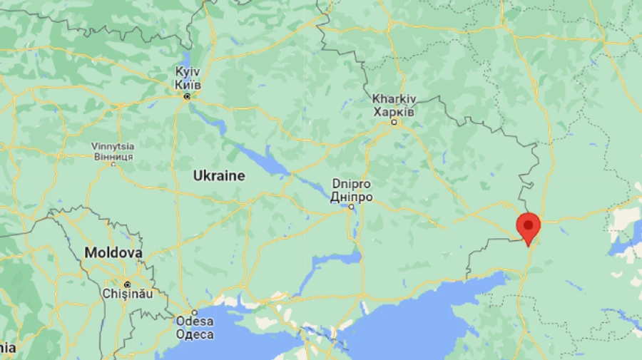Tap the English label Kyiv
tap(188, 73)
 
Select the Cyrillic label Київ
tap(188, 85)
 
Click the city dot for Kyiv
tap(187, 96)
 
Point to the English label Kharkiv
tap(394, 99)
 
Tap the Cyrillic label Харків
tap(394, 111)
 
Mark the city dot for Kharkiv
tap(394, 123)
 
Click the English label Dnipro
tap(352, 184)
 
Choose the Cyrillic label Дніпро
tap(352, 196)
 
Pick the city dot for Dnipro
tap(351, 207)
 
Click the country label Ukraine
tap(219, 175)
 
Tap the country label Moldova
tap(113, 252)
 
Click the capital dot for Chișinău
tap(127, 282)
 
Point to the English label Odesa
tap(194, 322)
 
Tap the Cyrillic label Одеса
tap(194, 334)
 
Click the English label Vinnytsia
tap(112, 146)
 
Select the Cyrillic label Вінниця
tap(112, 155)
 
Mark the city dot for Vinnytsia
tap(113, 164)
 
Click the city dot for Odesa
tap(193, 312)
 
